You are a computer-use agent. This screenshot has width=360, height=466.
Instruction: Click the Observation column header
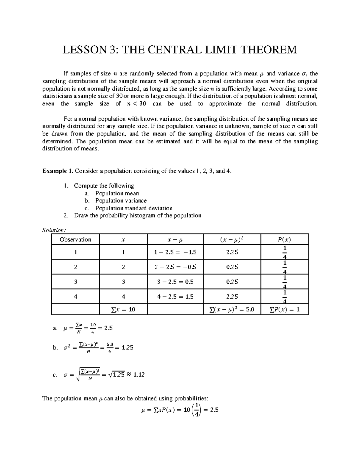click(x=75, y=239)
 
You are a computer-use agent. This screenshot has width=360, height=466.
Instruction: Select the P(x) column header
click(x=284, y=239)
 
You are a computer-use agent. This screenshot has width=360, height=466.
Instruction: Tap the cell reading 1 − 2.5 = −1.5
click(x=175, y=252)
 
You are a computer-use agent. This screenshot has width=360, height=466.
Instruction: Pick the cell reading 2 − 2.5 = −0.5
click(x=175, y=267)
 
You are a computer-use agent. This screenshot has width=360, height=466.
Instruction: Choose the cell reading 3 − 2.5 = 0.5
click(x=175, y=282)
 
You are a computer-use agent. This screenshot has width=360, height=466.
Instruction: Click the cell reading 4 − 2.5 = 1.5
click(x=175, y=296)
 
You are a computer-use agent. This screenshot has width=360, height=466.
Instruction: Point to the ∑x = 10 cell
click(x=123, y=309)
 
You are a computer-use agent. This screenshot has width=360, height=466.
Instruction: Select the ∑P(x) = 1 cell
click(x=284, y=309)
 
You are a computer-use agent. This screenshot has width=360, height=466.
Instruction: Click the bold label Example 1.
click(x=58, y=171)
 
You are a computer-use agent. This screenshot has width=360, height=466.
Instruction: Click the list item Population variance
click(x=121, y=200)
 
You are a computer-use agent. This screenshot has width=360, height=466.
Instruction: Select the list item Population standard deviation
click(x=134, y=208)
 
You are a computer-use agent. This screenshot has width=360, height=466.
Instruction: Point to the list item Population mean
click(x=117, y=193)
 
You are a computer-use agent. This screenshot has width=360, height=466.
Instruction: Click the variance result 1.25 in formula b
click(x=128, y=347)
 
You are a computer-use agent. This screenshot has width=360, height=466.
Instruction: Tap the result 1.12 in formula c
click(x=139, y=374)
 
